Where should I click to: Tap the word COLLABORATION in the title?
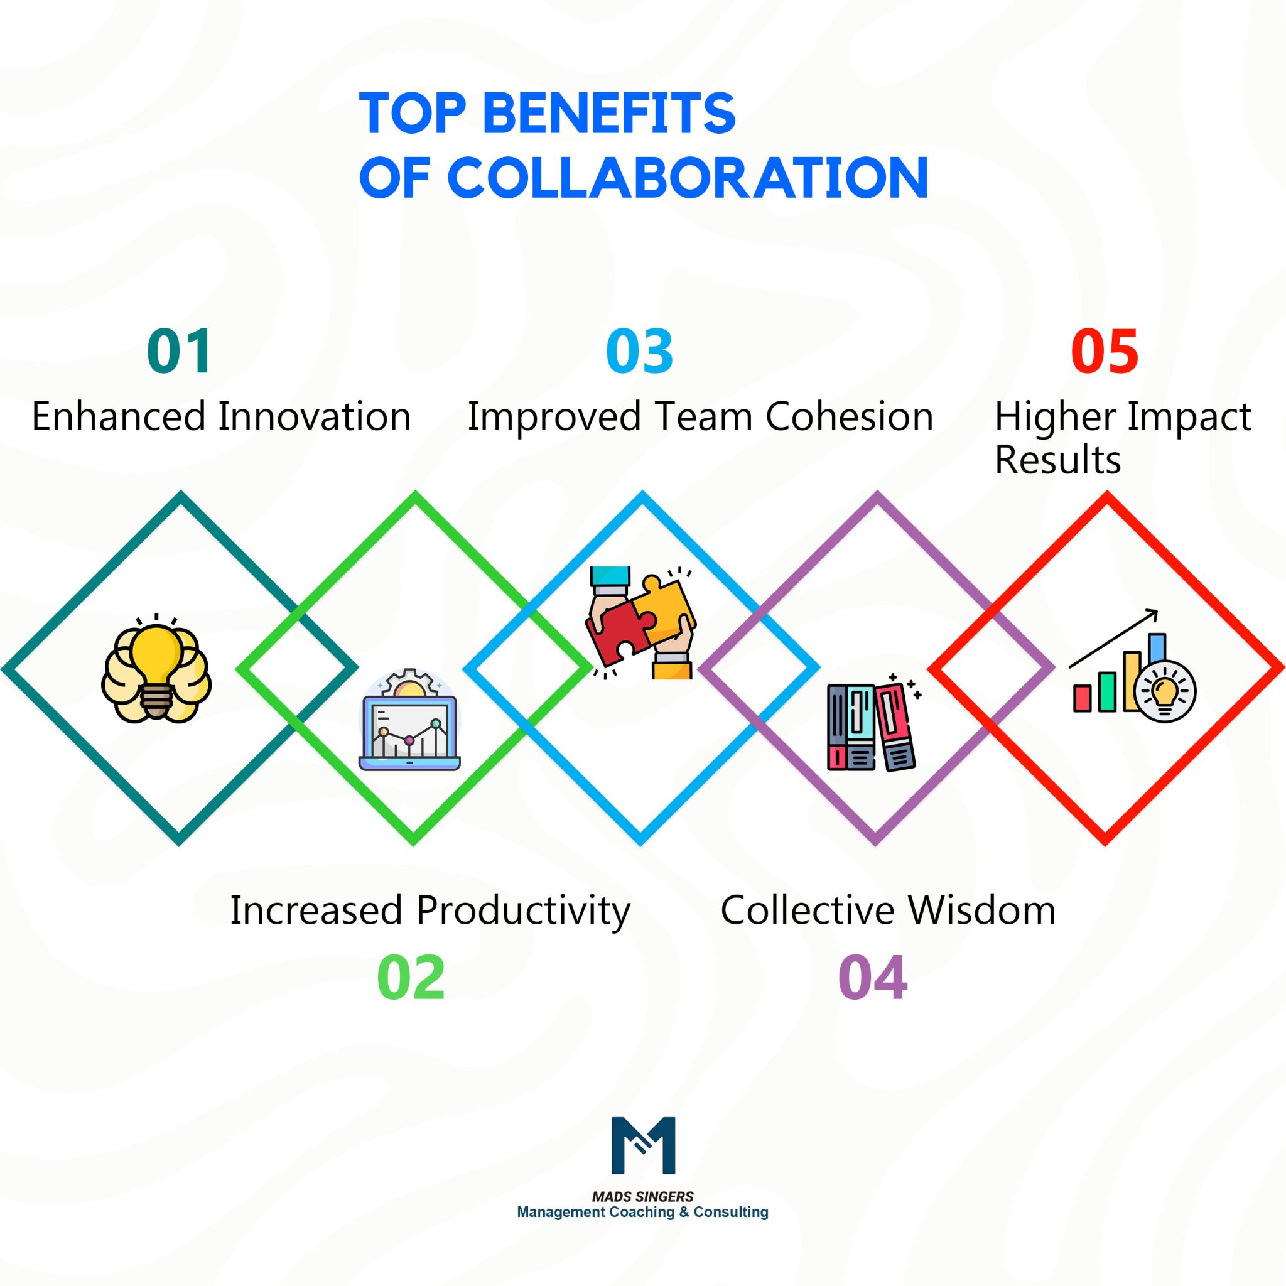pyautogui.click(x=688, y=178)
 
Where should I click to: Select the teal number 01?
pyautogui.click(x=179, y=351)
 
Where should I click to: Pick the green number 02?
pyautogui.click(x=411, y=978)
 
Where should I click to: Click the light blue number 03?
pyautogui.click(x=640, y=351)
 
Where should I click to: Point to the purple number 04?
pyautogui.click(x=872, y=978)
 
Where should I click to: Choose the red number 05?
pyautogui.click(x=1105, y=351)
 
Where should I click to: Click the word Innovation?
pyautogui.click(x=314, y=418)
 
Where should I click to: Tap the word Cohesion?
pyautogui.click(x=850, y=418)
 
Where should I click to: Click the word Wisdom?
pyautogui.click(x=982, y=910)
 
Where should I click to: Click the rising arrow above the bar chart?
pyautogui.click(x=1113, y=639)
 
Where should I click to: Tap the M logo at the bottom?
pyautogui.click(x=643, y=1145)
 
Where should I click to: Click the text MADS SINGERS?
pyautogui.click(x=642, y=1196)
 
